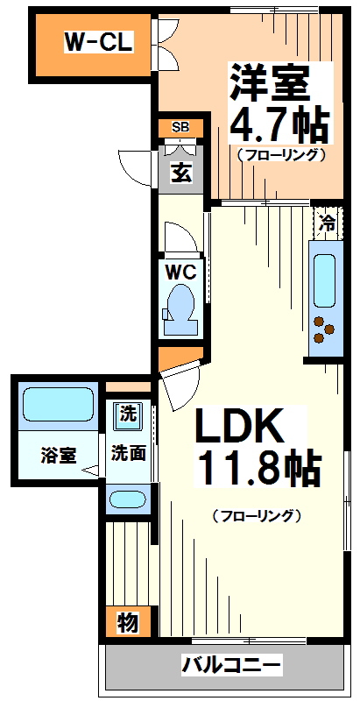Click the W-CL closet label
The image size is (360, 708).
98,41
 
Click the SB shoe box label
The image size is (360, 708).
180,128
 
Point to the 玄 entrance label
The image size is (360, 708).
181,172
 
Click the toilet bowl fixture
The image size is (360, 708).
181,306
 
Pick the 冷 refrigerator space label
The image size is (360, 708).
327,223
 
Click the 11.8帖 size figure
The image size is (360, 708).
258,470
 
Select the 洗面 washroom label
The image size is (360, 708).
128,454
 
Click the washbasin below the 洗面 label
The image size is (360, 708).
128,500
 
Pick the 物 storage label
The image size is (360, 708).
128,623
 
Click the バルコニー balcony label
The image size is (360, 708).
232,666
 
